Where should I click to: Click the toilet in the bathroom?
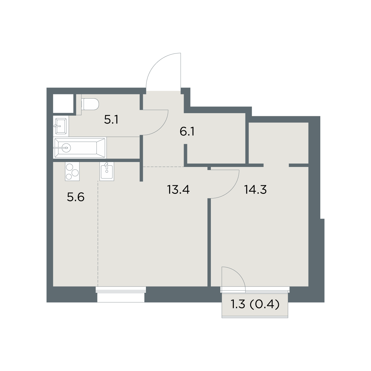point(90,104)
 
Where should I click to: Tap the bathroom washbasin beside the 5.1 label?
point(61,126)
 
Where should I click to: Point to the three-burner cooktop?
point(72,171)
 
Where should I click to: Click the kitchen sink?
point(107,171)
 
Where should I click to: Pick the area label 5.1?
point(111,120)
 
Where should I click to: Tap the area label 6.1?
point(187,132)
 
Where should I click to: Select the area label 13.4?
point(178,190)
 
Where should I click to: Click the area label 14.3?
point(255,190)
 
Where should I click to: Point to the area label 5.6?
point(76,197)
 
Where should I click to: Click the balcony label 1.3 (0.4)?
point(255,305)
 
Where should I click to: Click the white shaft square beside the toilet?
point(63,104)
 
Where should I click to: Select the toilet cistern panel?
point(79,104)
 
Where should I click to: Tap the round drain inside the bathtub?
point(66,148)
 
